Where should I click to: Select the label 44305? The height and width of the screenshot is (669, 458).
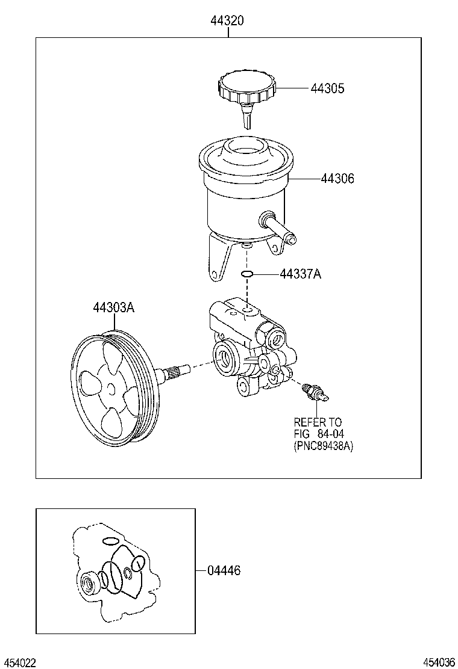pos(327,88)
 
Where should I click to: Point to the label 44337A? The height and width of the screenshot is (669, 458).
pos(300,274)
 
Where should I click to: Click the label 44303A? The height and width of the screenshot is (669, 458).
pos(113,307)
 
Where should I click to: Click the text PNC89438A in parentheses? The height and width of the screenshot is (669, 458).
pos(324,446)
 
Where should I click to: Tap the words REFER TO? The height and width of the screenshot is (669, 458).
pos(318,422)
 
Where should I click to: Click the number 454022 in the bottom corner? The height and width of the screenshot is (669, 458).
pos(19,662)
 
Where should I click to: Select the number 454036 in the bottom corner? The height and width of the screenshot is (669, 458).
pos(439,662)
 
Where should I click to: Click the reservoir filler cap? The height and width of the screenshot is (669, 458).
pos(247,87)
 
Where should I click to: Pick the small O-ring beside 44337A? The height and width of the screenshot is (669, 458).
pos(246,275)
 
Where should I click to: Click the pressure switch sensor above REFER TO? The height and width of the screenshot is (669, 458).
pos(315,392)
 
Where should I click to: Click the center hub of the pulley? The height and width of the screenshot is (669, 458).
pos(113,389)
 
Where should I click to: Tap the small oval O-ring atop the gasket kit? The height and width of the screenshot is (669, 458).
pos(109,540)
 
